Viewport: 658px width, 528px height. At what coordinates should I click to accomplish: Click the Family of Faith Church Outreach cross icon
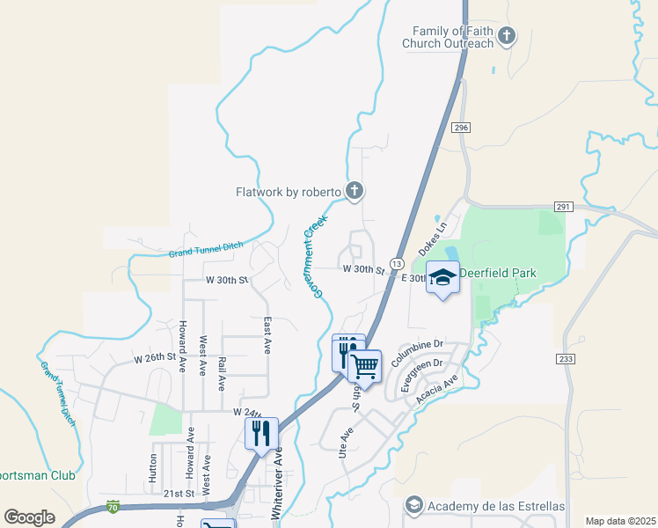[506, 36]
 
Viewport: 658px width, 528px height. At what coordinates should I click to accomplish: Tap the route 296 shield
[461, 128]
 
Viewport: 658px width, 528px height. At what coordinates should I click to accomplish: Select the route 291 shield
[564, 207]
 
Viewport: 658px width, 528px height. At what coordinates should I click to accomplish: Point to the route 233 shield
[565, 359]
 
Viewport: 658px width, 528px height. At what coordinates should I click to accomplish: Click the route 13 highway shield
[397, 264]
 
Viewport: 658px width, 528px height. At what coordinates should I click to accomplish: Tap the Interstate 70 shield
[112, 506]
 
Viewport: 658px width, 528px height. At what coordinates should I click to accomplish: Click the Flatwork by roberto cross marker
[354, 191]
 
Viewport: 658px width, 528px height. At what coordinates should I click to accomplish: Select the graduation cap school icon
[443, 280]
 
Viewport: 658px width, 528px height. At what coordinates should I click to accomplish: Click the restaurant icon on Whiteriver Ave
[261, 433]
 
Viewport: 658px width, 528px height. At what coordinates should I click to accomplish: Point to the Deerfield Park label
[498, 274]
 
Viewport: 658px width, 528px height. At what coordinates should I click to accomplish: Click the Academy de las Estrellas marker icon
[413, 505]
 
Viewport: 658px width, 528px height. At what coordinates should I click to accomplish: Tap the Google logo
[29, 517]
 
